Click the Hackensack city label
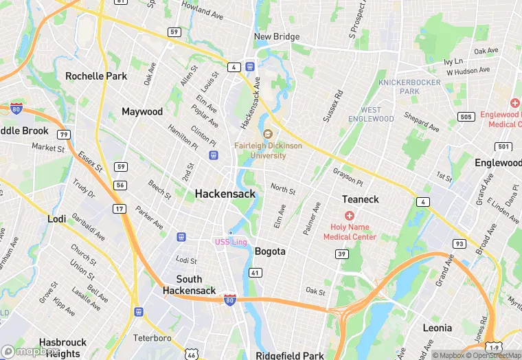click(x=225, y=194)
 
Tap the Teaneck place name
click(x=360, y=199)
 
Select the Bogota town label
click(x=270, y=251)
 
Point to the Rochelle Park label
click(x=96, y=76)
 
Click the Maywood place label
click(x=142, y=111)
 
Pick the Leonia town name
click(x=437, y=328)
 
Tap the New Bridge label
click(x=277, y=36)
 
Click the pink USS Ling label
click(x=231, y=242)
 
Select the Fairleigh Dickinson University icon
click(x=268, y=134)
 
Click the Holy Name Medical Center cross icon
click(x=349, y=216)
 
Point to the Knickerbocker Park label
click(x=409, y=87)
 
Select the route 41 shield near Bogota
click(x=255, y=273)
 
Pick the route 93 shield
click(x=459, y=244)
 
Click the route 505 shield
click(x=466, y=117)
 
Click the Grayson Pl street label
click(x=348, y=177)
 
